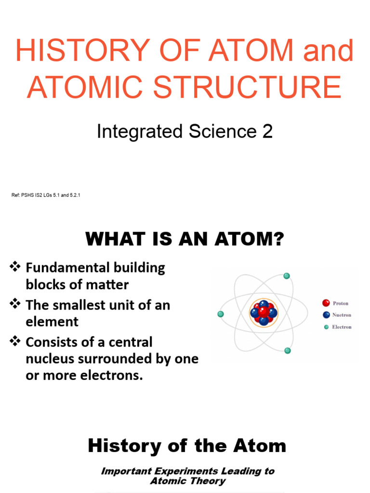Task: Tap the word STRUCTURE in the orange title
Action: pos(247,87)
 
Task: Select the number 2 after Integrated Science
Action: pos(267,131)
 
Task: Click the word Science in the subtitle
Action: pos(223,131)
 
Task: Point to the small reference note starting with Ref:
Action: pos(46,195)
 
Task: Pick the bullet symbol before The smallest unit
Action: pos(15,304)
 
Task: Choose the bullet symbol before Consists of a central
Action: pos(15,341)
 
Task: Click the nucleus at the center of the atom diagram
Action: pos(264,312)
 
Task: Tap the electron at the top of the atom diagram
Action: pos(287,276)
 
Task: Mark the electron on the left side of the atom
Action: pos(221,314)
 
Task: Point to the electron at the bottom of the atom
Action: pos(288,350)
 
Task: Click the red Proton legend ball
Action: pos(326,303)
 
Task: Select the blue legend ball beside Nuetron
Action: pos(326,315)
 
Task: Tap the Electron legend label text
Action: pos(342,327)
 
